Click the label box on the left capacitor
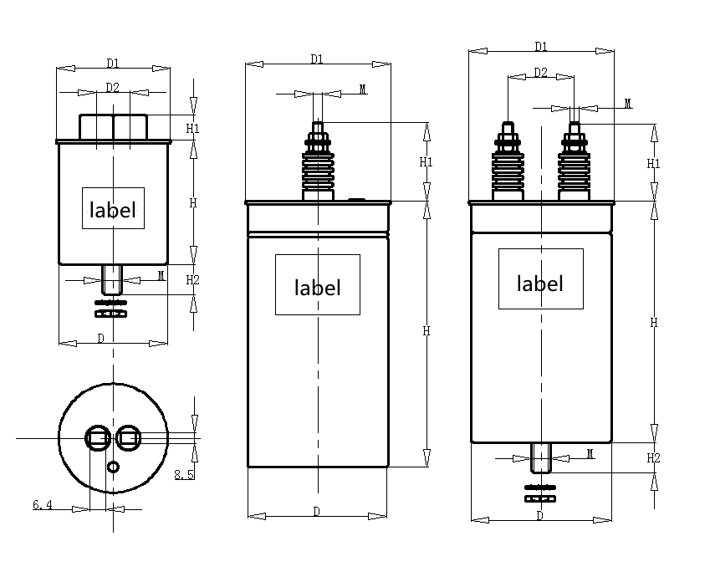point(113,208)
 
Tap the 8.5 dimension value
point(184,475)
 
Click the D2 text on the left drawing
point(113,87)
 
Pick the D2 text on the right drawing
point(540,73)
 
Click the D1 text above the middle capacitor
point(317,59)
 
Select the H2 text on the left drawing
point(192,279)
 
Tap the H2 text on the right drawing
point(654,457)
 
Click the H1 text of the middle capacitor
point(426,161)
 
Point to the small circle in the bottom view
point(114,467)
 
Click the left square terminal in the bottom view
point(98,437)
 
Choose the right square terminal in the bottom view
point(128,437)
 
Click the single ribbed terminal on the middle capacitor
point(317,163)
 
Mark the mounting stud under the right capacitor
point(541,458)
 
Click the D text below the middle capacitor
point(317,510)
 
